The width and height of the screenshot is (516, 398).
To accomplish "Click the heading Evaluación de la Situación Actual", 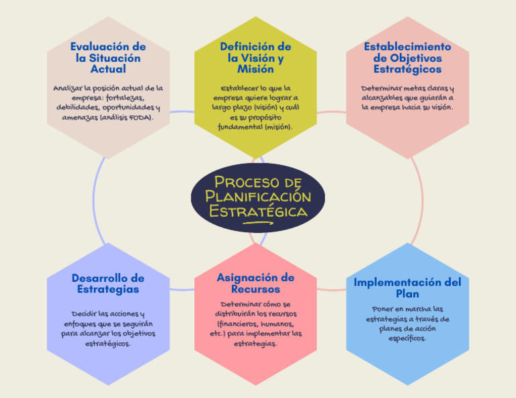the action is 107,58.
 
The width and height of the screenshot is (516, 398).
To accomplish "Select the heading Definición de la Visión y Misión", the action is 255,58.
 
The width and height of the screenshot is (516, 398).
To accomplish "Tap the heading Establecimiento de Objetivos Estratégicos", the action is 407,58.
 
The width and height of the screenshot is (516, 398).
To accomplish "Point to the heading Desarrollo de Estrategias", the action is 107,283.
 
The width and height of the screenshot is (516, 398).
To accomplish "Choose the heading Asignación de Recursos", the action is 255,283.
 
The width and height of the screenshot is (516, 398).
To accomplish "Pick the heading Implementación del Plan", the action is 407,288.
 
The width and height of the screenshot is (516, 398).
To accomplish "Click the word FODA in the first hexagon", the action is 138,117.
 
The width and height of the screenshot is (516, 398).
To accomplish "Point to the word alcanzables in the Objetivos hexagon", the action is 382,97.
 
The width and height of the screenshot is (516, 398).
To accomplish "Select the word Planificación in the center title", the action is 258,197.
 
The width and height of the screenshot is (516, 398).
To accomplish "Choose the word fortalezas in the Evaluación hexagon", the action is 131,97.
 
